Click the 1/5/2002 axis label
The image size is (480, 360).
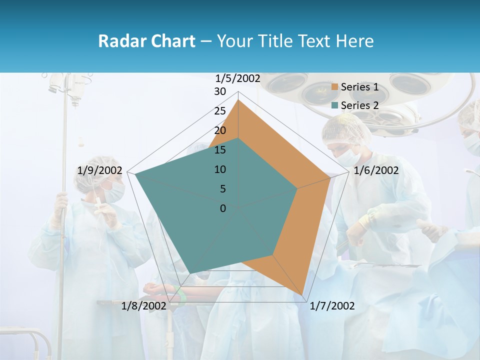[238, 78]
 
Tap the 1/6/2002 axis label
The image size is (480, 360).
[376, 170]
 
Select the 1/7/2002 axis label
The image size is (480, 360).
[332, 306]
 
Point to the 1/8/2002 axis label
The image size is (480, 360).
[143, 306]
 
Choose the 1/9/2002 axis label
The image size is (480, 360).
[100, 170]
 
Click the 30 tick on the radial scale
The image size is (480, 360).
[220, 91]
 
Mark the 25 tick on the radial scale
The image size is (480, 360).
[220, 111]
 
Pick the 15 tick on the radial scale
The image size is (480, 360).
[220, 150]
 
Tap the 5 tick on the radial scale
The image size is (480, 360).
[222, 189]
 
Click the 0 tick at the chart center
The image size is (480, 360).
[223, 208]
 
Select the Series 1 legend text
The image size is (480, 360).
[359, 87]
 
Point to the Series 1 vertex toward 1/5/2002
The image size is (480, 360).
[238, 100]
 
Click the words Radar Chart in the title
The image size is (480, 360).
[146, 41]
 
